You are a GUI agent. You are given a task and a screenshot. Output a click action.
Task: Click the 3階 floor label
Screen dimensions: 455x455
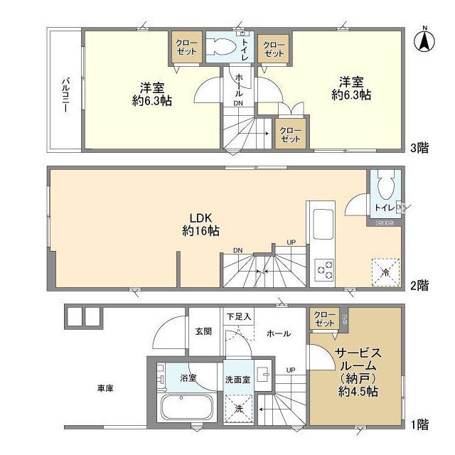(419, 149)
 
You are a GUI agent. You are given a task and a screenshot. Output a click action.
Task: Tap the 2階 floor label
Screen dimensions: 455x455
(419, 285)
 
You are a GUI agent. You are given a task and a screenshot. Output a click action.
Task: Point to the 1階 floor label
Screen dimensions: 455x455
(419, 424)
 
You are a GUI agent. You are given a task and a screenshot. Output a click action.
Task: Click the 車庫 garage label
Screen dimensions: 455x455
(106, 389)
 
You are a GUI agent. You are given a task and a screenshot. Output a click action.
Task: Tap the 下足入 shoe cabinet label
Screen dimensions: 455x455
(238, 316)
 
